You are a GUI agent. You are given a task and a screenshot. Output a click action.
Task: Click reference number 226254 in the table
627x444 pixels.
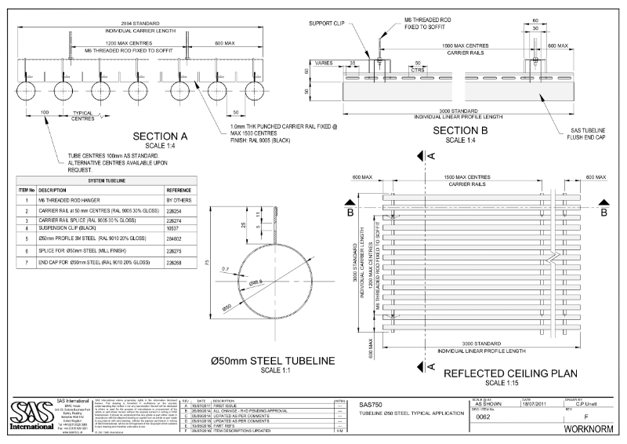(176, 212)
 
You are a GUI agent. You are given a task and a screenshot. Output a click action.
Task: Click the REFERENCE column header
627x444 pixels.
(179, 190)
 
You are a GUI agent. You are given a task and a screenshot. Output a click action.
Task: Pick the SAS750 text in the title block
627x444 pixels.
(371, 404)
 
